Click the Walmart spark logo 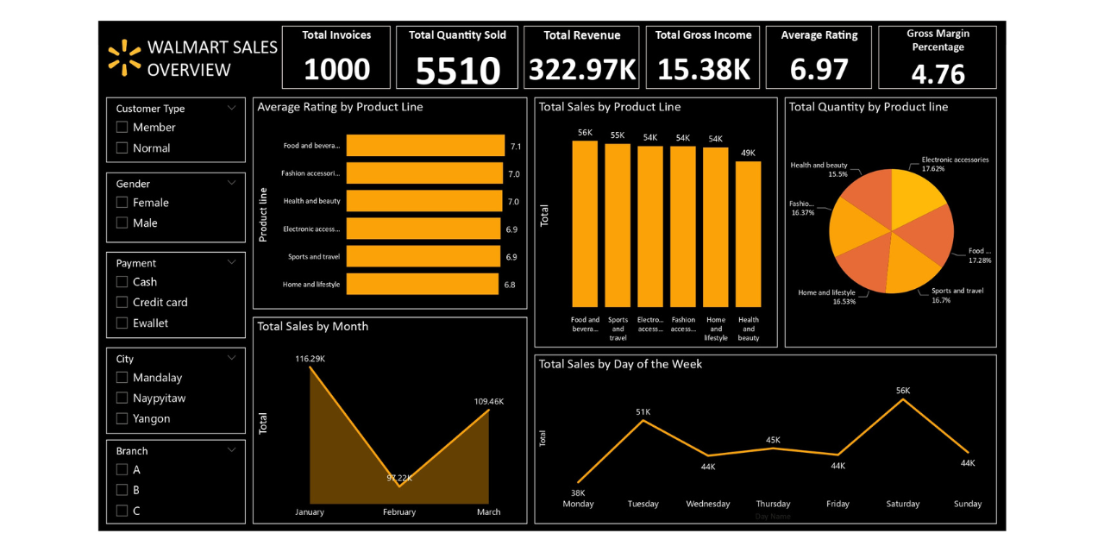(124, 57)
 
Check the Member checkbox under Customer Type (122, 128)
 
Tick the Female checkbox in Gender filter (122, 203)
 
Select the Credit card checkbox (122, 303)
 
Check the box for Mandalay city (122, 378)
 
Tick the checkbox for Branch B (122, 490)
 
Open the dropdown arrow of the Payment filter (231, 262)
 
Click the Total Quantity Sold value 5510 (457, 71)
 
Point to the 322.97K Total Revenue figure (581, 70)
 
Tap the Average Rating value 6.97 (819, 70)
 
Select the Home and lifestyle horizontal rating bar (423, 284)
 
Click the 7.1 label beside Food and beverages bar (515, 147)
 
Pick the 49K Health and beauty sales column (748, 233)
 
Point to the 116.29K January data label (310, 358)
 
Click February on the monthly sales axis (398, 511)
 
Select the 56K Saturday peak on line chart (903, 399)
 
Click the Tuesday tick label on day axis (643, 504)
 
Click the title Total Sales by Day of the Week (620, 364)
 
